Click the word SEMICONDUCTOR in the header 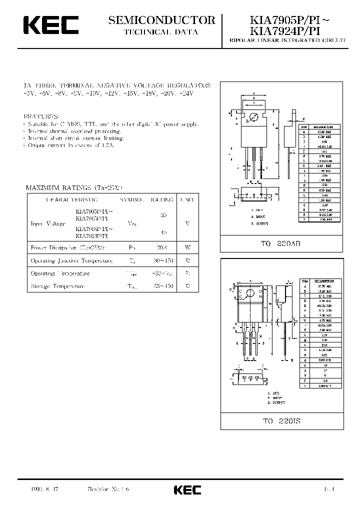(162, 20)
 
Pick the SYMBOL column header (132, 199)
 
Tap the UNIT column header (187, 199)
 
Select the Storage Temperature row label (57, 286)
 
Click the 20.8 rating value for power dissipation (161, 247)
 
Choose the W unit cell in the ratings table (187, 247)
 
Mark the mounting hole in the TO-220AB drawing (253, 117)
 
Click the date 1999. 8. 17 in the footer (44, 489)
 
